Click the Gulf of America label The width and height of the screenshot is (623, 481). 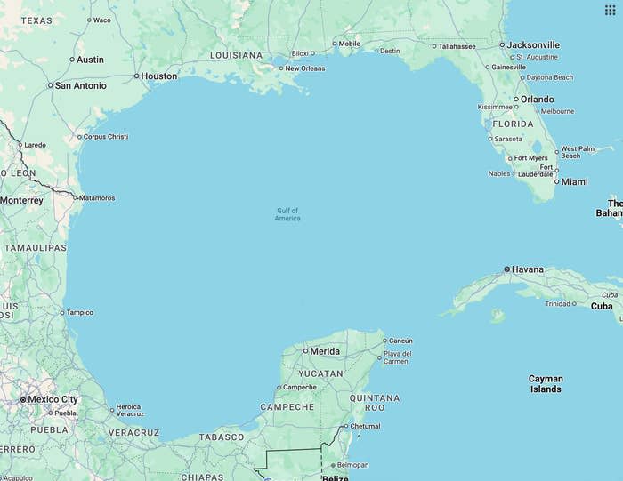click(287, 214)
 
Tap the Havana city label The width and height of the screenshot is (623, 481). click(527, 269)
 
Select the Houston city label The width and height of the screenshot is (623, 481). click(158, 76)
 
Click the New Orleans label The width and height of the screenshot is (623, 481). click(305, 68)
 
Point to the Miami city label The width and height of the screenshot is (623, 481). click(574, 181)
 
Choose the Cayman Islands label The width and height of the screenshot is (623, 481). click(546, 384)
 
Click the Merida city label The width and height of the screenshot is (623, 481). click(324, 351)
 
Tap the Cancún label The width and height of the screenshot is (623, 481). click(400, 341)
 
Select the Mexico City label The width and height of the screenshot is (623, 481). click(53, 399)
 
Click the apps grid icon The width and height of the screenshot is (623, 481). click(610, 11)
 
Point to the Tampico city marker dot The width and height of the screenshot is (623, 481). click(62, 312)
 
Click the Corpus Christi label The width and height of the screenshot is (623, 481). click(105, 137)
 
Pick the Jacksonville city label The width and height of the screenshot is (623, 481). click(533, 44)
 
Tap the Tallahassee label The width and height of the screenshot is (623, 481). click(457, 46)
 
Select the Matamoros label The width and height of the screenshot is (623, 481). click(97, 198)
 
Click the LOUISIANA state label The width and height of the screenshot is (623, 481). click(236, 55)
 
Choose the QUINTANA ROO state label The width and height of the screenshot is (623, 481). click(375, 403)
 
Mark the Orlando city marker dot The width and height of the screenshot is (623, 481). click(515, 100)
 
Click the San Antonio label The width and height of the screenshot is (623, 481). click(80, 86)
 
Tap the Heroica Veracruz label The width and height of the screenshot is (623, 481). click(129, 411)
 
